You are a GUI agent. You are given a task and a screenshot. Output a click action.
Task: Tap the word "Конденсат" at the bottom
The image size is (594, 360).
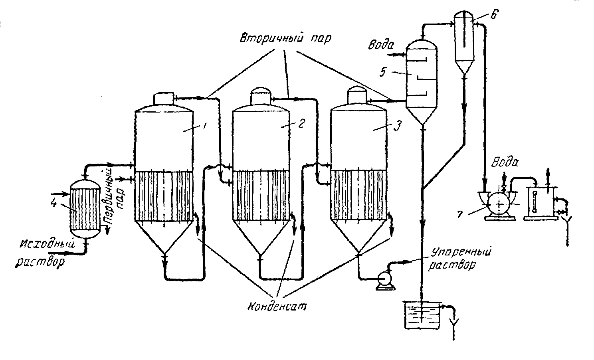pyautogui.click(x=277, y=307)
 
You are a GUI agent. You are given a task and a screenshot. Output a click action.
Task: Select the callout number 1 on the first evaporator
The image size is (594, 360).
pyautogui.click(x=204, y=126)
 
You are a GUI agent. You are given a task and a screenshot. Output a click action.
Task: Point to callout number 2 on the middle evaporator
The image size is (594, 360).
pyautogui.click(x=301, y=123)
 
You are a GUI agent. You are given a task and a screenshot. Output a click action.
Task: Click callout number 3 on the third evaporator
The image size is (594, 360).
pyautogui.click(x=397, y=126)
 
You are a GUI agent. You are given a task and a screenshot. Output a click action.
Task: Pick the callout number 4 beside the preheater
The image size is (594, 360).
pyautogui.click(x=54, y=204)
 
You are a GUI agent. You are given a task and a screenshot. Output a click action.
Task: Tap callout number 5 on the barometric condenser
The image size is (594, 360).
pyautogui.click(x=383, y=72)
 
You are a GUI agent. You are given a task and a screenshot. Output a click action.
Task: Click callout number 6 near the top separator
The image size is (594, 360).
pyautogui.click(x=494, y=14)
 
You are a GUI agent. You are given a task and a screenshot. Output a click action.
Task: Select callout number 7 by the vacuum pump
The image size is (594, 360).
pyautogui.click(x=460, y=214)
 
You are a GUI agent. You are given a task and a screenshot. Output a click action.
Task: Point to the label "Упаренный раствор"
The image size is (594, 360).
pyautogui.click(x=460, y=258)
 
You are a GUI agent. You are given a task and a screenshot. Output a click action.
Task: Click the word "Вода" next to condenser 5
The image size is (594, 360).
pyautogui.click(x=380, y=45)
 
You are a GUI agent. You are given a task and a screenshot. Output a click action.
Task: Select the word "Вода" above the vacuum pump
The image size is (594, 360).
pyautogui.click(x=505, y=162)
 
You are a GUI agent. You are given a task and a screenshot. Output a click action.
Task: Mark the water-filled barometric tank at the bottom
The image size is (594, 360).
pyautogui.click(x=422, y=315)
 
